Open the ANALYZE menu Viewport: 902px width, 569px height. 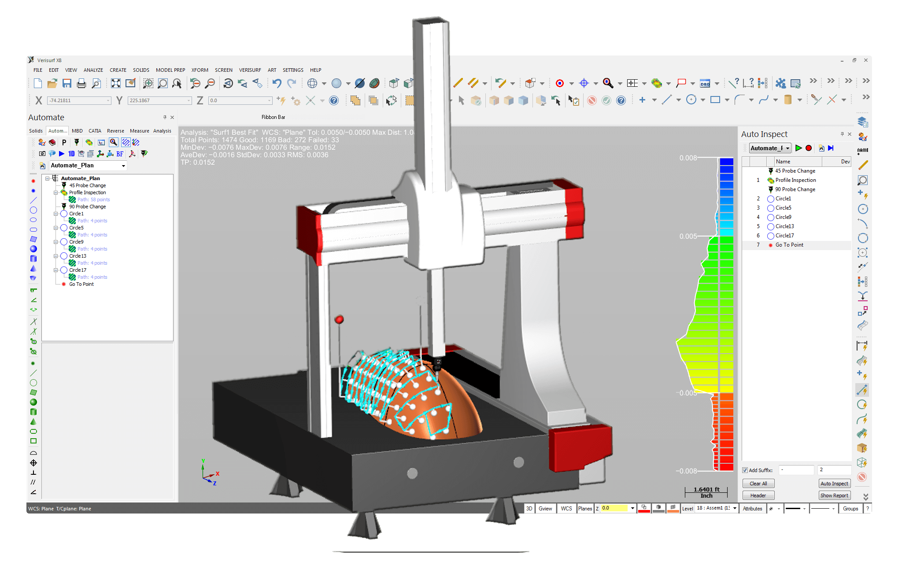point(93,70)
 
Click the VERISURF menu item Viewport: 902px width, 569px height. point(250,70)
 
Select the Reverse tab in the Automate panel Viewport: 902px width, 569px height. point(115,131)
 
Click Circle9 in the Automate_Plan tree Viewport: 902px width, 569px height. point(76,242)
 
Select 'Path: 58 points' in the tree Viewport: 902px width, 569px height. point(93,200)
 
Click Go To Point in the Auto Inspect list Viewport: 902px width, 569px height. point(789,245)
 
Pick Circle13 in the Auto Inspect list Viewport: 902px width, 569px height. point(784,226)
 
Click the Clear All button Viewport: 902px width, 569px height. point(758,484)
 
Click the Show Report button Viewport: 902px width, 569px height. point(834,495)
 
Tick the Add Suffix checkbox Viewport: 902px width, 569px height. point(745,470)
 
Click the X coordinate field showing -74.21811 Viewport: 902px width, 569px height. point(78,100)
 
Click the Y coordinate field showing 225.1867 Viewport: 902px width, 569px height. point(159,100)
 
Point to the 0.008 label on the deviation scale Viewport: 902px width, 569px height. point(688,158)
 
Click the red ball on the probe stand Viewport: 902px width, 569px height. point(339,319)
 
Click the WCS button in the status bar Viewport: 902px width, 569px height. point(566,508)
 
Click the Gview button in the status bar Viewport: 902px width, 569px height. point(545,508)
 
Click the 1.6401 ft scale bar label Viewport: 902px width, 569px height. point(706,489)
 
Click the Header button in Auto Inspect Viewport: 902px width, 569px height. point(758,495)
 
